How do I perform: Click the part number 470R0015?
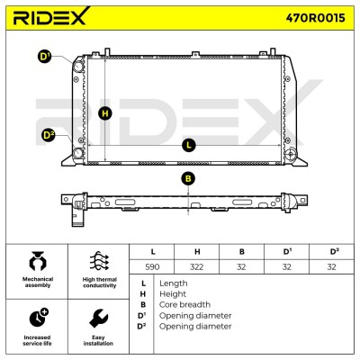click(315, 18)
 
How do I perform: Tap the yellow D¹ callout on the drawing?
click(45, 57)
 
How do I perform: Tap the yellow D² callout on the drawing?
click(48, 135)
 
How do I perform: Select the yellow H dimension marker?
click(105, 113)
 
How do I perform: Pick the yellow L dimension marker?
click(189, 146)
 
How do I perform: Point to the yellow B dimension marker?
click(188, 179)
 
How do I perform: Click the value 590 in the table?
click(152, 266)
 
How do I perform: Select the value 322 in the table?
click(197, 266)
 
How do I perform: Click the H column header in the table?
click(197, 252)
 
